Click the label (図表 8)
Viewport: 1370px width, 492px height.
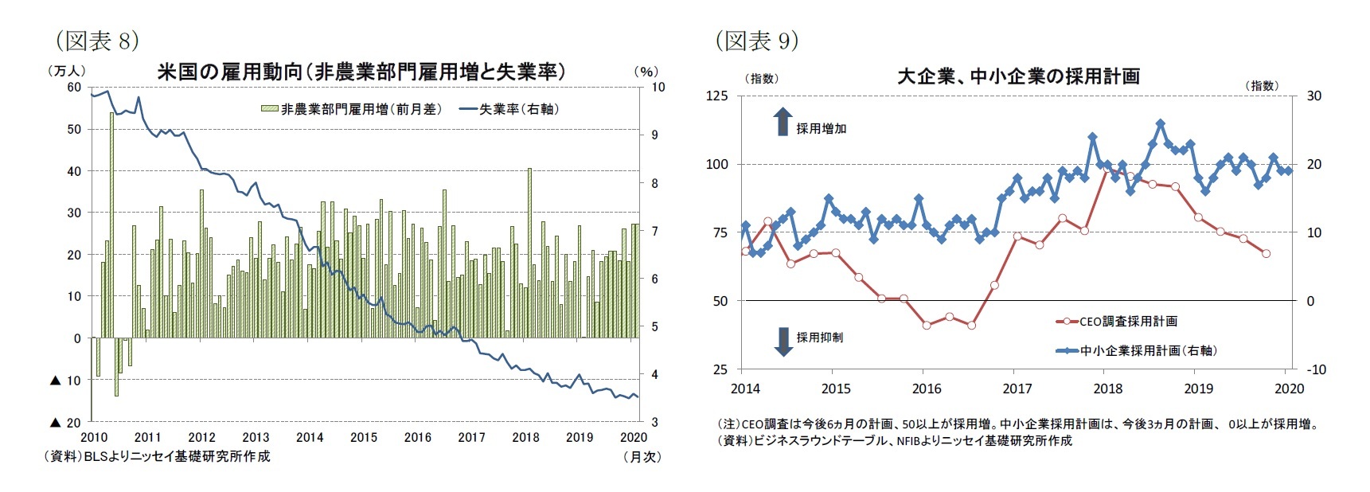[x=96, y=40]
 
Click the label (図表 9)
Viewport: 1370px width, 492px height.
[x=755, y=40]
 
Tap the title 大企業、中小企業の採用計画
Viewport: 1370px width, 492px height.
[x=1018, y=76]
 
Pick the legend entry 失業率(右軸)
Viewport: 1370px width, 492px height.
[x=509, y=109]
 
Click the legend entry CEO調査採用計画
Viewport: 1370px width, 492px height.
[x=1118, y=322]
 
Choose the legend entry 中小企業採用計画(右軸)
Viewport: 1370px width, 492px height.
[x=1138, y=350]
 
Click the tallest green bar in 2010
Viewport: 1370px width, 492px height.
[x=111, y=223]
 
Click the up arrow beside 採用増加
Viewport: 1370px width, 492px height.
[x=783, y=122]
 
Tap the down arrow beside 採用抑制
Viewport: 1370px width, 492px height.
[x=783, y=341]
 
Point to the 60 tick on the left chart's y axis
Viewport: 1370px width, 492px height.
[x=74, y=88]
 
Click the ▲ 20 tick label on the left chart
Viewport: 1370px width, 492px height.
[x=66, y=423]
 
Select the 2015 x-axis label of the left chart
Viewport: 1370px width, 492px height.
[x=364, y=437]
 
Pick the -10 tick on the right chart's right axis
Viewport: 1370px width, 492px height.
[x=1316, y=369]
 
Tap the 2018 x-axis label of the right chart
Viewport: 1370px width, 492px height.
[x=1107, y=389]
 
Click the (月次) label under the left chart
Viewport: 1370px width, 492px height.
[x=642, y=457]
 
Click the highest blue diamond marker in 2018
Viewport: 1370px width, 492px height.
[x=1160, y=123]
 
